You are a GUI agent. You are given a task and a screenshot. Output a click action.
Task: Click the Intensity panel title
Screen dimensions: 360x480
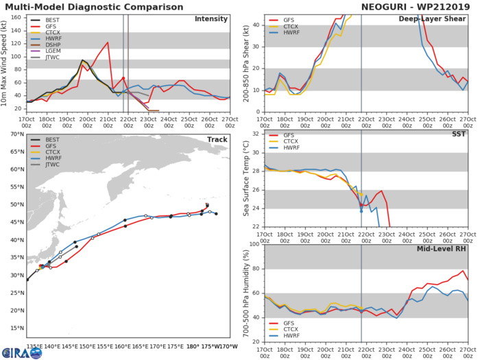(211, 19)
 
